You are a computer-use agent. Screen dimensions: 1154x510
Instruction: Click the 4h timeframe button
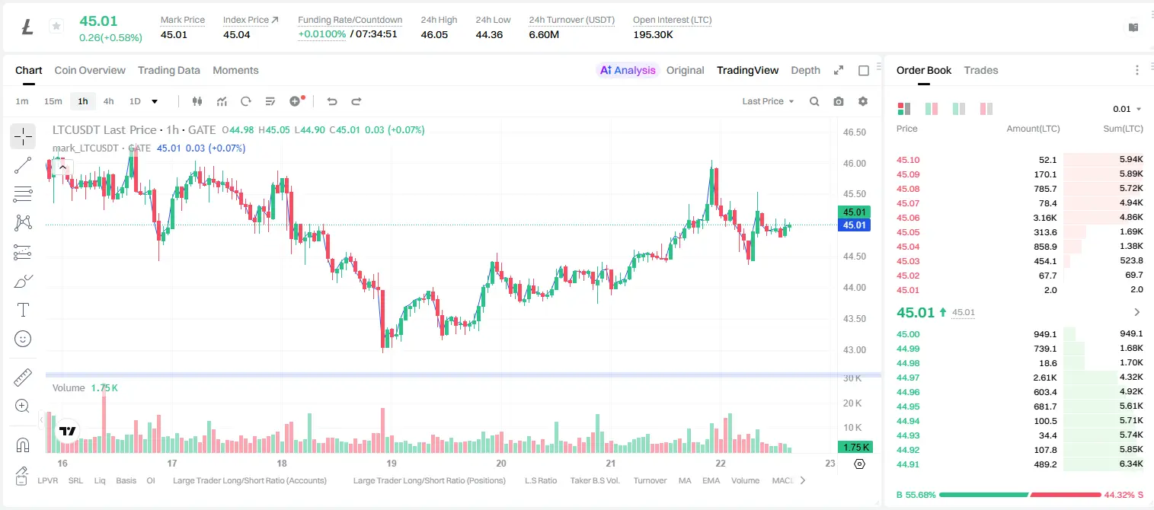tap(108, 101)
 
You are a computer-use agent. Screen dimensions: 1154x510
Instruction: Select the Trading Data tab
tap(169, 70)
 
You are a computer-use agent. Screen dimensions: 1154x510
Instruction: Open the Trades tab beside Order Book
tap(981, 70)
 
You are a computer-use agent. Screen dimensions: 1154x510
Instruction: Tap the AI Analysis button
tap(628, 70)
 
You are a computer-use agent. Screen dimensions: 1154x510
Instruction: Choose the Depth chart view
tap(805, 70)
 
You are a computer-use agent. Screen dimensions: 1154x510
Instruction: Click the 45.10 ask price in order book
tap(908, 160)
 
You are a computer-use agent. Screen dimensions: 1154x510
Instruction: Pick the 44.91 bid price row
tap(908, 464)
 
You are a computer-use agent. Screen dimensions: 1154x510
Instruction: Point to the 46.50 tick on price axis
tap(854, 132)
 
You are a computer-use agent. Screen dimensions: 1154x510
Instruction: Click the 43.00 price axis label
tap(854, 350)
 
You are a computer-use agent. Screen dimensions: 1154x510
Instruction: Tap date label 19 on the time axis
tap(392, 463)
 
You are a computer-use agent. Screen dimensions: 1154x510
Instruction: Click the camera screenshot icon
tap(839, 101)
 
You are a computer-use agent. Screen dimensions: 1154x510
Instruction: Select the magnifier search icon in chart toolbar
tap(814, 101)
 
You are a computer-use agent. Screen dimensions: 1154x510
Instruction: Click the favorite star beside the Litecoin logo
tap(56, 26)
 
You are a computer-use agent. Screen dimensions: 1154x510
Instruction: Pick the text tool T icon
tap(23, 310)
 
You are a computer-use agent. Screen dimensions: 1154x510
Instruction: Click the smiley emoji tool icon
tap(23, 339)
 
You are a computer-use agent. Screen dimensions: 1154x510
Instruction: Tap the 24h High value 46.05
tap(434, 34)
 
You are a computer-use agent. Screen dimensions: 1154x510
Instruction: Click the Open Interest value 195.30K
tap(653, 34)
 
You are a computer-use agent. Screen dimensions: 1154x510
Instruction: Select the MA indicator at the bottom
tap(685, 480)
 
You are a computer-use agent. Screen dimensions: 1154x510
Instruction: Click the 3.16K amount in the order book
tap(1045, 218)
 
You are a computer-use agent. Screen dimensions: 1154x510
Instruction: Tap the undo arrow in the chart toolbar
tap(332, 101)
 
